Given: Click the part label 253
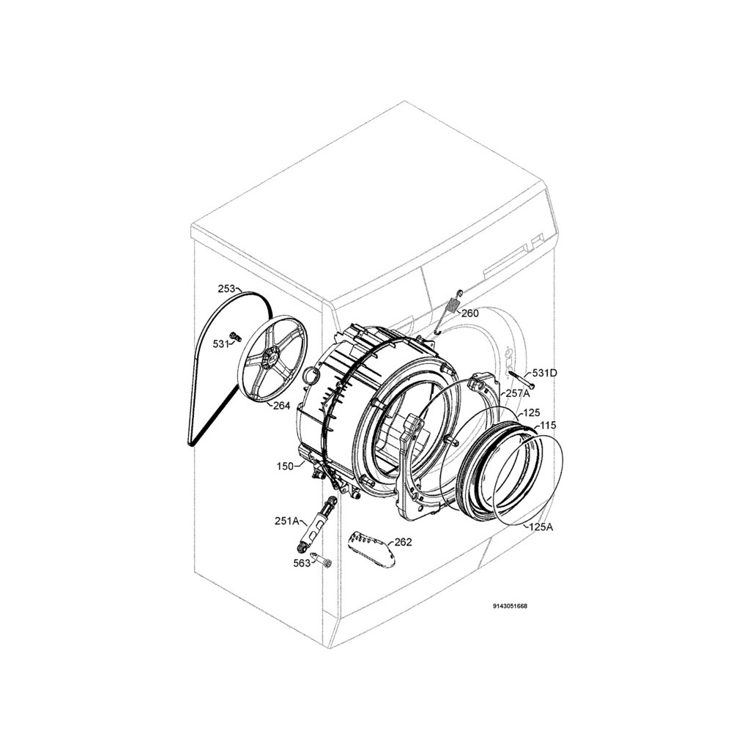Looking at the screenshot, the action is click(x=226, y=289).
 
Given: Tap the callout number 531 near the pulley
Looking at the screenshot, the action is click(x=221, y=344).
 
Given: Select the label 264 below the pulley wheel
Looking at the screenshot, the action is click(x=282, y=406).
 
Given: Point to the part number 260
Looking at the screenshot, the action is click(x=469, y=313).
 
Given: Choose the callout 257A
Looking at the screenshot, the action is click(x=518, y=393).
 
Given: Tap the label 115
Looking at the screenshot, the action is click(x=548, y=426).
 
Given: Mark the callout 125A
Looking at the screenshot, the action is click(x=541, y=527).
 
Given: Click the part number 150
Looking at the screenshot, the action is click(x=285, y=466).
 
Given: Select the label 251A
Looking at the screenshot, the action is click(x=286, y=521).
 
